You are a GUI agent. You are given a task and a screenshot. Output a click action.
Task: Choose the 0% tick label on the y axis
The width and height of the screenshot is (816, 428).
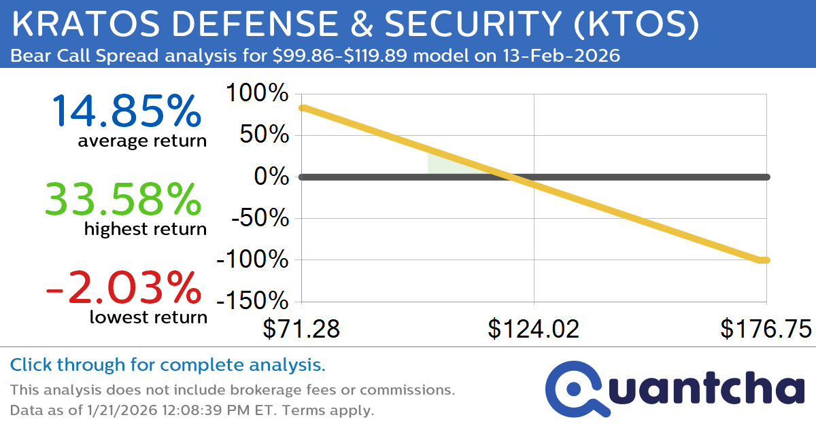click(272, 177)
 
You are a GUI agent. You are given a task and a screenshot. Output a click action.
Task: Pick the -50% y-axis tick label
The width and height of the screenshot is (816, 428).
click(258, 219)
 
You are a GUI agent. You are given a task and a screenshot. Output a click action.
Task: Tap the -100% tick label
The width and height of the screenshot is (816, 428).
click(251, 260)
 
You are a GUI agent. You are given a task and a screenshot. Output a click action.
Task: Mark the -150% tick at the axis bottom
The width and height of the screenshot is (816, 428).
click(251, 302)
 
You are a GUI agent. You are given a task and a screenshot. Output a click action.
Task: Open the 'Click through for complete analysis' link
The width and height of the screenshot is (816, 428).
click(167, 365)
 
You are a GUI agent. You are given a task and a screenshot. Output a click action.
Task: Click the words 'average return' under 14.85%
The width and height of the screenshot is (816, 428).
click(141, 141)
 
